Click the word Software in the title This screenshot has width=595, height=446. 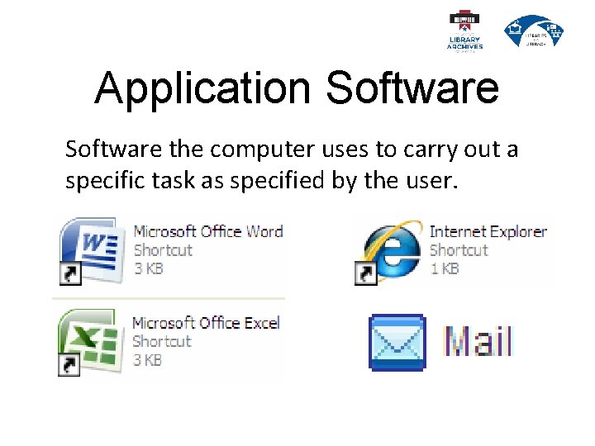coord(412,88)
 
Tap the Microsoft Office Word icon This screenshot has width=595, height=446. coord(89,249)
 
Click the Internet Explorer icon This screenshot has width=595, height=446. coord(388,249)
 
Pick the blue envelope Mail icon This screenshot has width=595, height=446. coord(397,342)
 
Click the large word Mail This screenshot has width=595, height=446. coord(478,342)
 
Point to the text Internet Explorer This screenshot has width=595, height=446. coord(488,231)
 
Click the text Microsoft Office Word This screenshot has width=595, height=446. coord(208,231)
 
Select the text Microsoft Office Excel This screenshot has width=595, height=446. coord(206,322)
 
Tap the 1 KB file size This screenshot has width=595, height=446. coord(445,268)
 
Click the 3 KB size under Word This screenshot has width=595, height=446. coord(148,268)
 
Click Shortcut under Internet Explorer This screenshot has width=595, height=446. coord(459,250)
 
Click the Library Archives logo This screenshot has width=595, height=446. coord(464,31)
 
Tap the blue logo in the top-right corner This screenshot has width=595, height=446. coord(534,31)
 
